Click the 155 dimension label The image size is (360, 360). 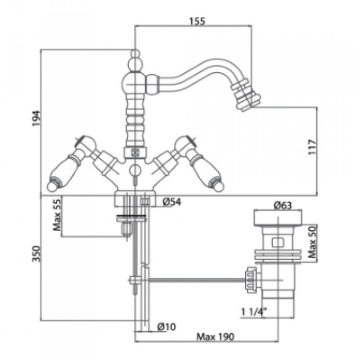pos(197,21)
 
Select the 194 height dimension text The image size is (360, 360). pos(36,118)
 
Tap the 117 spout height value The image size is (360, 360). pos(312,147)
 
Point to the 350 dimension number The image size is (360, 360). pos(36,254)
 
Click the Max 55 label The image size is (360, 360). pos(57,215)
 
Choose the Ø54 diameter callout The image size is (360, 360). pos(172,202)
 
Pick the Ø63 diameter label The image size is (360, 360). pos(283,205)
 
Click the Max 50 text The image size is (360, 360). pos(312,242)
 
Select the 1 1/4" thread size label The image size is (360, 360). pos(254,312)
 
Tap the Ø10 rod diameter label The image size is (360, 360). pos(166,327)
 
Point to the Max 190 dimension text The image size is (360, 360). pos(216,337)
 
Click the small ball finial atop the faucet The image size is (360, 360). pos(135,54)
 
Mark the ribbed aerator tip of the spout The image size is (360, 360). pos(246,96)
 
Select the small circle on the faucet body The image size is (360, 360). pos(135,170)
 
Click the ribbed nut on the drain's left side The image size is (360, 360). pos(252,280)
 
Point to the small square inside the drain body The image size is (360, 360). pos(278,243)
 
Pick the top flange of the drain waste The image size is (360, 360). pos(278,218)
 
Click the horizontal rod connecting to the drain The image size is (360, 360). pos(198,280)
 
